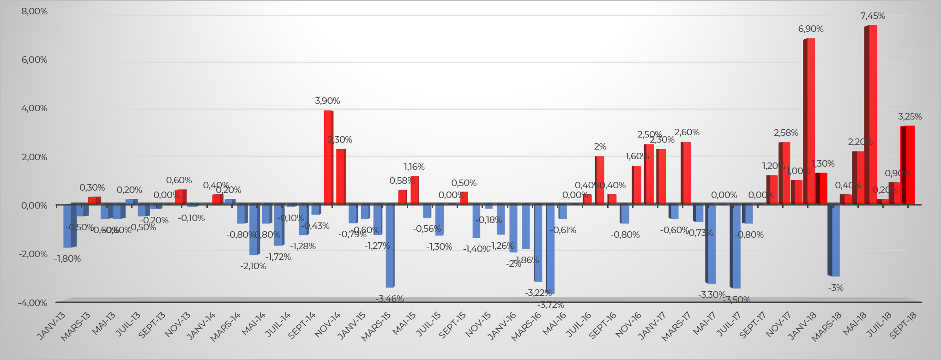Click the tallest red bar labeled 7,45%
pos(872,115)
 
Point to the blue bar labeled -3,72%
pos(550,249)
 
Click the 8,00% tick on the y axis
pos(35,11)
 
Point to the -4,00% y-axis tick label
pos(33,303)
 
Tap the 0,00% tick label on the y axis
pos(35,205)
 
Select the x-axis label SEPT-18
pos(903,326)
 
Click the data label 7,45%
pos(873,16)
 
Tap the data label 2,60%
pos(687,132)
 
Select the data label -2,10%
pos(253,266)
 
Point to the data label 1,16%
pos(414,167)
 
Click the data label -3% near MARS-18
pos(836,288)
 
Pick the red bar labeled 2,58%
pos(785,173)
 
